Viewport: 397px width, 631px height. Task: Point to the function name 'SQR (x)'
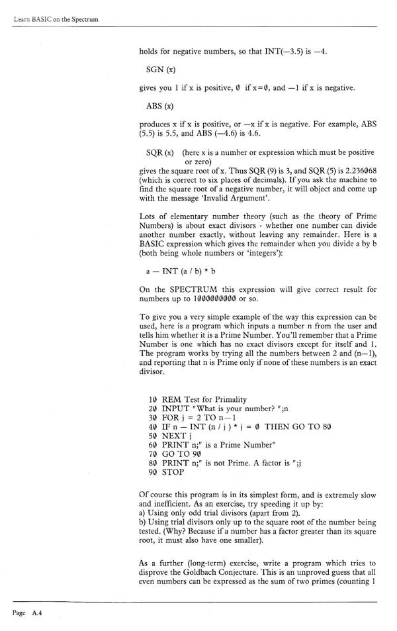click(160, 152)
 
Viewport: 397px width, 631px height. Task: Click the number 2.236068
click(352, 170)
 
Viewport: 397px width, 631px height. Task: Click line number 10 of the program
click(153, 399)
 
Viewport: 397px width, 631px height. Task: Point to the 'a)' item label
click(144, 514)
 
